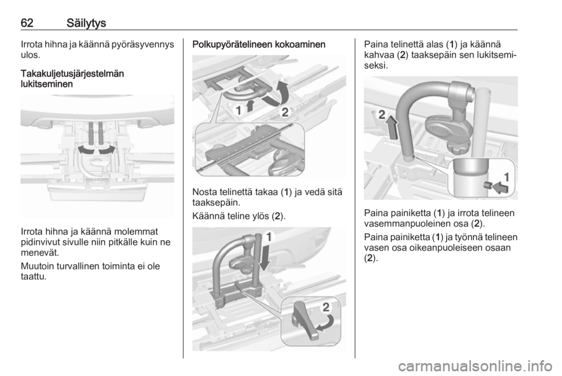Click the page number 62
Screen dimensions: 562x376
(27, 23)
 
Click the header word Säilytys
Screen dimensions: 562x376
(87, 23)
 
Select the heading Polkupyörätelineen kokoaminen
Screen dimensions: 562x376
(259, 45)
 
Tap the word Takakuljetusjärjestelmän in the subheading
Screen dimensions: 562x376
(73, 74)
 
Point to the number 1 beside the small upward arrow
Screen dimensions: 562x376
(238, 110)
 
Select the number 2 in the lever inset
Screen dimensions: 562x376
(326, 307)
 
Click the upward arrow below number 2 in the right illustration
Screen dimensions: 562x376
(392, 127)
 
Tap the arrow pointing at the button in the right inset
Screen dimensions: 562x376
(501, 187)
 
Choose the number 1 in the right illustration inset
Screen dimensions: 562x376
(506, 176)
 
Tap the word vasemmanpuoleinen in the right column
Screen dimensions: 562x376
(406, 224)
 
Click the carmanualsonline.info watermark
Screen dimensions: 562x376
(475, 366)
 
